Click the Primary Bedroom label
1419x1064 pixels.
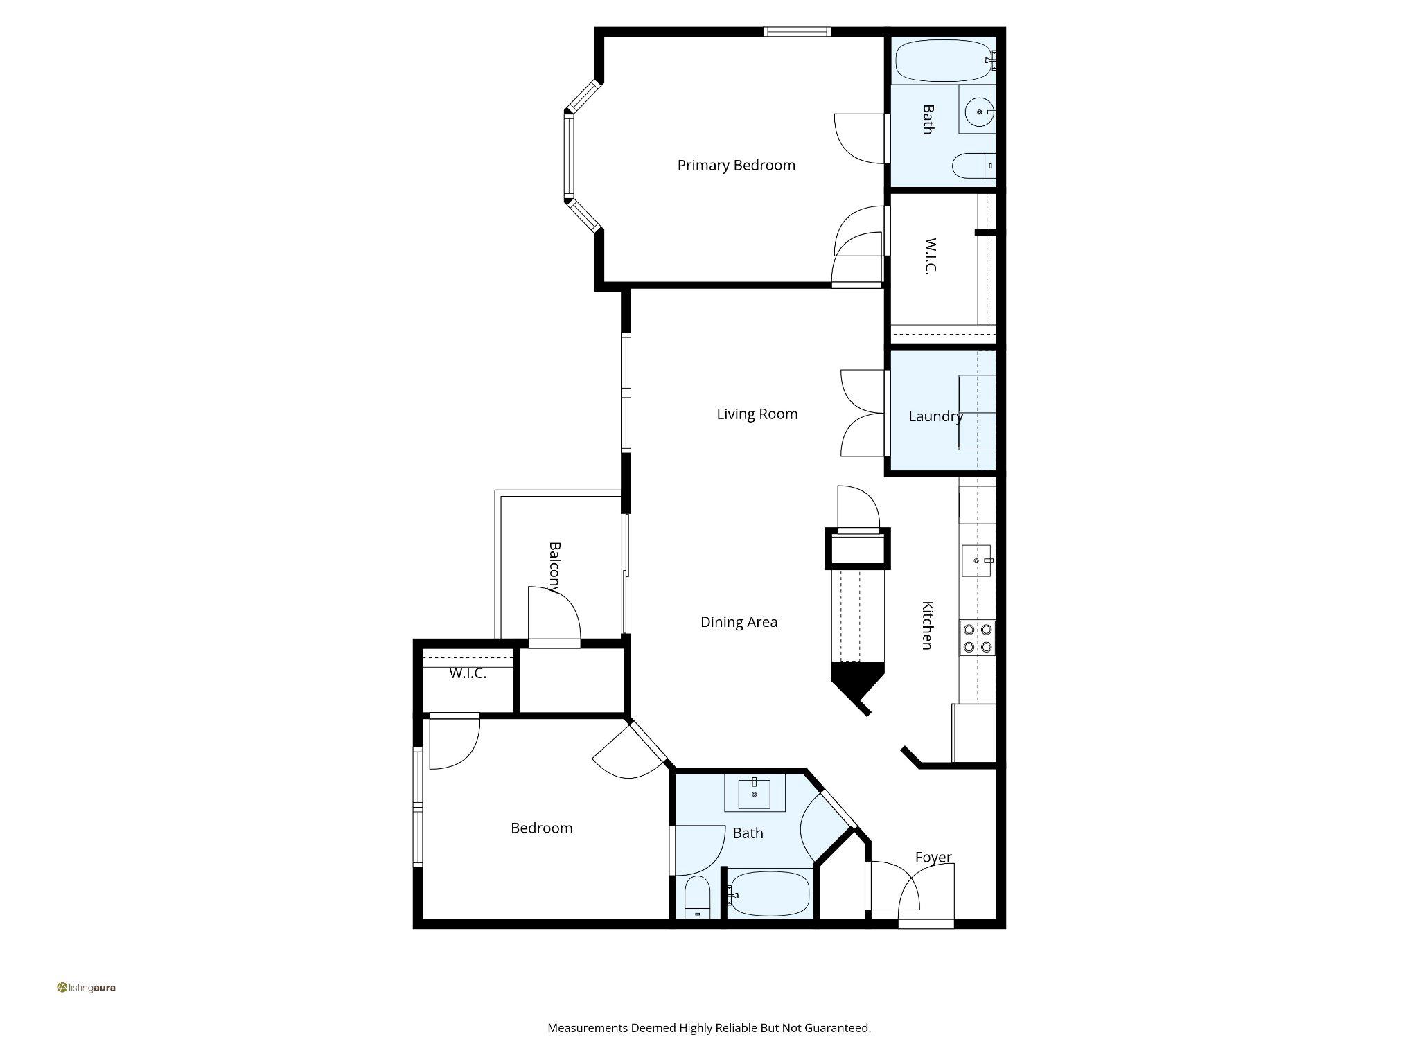click(x=736, y=166)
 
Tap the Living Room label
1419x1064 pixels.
click(x=757, y=414)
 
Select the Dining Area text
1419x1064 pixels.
click(x=739, y=622)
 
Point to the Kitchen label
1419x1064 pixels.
click(x=927, y=625)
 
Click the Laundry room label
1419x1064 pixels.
click(x=935, y=416)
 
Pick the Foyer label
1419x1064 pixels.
click(x=933, y=858)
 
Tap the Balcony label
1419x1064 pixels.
click(x=554, y=567)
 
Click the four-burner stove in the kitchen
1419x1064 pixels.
click(x=977, y=639)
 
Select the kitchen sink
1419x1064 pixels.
click(x=976, y=560)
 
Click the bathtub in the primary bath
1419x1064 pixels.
click(x=943, y=61)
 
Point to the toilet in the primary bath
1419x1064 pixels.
click(x=971, y=166)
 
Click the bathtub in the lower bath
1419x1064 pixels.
click(x=770, y=894)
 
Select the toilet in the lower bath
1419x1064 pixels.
click(x=697, y=897)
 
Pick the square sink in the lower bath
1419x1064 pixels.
click(x=754, y=794)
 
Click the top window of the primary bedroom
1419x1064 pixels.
click(x=797, y=31)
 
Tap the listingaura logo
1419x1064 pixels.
click(x=87, y=987)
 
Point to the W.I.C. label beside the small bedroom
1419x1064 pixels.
click(x=468, y=673)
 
